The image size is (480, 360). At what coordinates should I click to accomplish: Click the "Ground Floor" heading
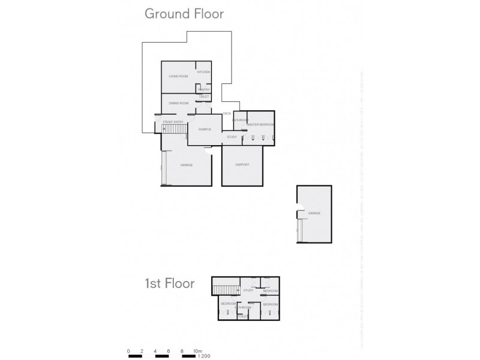[x=184, y=14]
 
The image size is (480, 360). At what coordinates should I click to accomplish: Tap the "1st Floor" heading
[x=169, y=283]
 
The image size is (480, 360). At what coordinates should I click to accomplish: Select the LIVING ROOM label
[x=178, y=77]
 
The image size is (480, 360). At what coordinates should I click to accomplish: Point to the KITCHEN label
[x=203, y=72]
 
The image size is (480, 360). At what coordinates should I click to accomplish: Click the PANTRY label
[x=204, y=89]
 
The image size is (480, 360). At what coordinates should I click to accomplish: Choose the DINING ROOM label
[x=179, y=104]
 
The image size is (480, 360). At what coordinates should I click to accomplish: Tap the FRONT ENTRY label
[x=173, y=122]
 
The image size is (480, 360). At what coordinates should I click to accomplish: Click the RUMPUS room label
[x=205, y=130]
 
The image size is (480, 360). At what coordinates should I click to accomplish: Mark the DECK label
[x=227, y=113]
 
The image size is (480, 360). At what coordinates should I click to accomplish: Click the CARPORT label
[x=242, y=164]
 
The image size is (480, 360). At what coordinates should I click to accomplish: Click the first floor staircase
[x=226, y=290]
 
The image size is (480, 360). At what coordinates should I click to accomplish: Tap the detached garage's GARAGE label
[x=314, y=213]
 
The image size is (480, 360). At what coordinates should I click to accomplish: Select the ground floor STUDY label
[x=231, y=137]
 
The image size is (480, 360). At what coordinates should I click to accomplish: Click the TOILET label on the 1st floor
[x=243, y=316]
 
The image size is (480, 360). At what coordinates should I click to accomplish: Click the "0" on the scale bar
[x=128, y=350]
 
